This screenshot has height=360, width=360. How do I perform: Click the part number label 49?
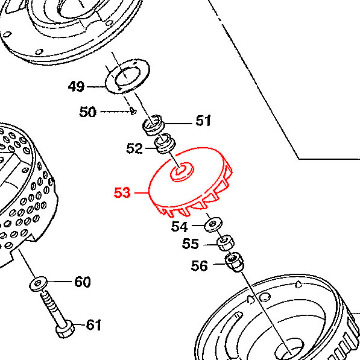click(76, 87)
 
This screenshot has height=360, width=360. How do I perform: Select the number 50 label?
click(87, 112)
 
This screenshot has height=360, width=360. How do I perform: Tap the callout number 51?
click(203, 121)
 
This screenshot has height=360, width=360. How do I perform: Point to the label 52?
click(134, 148)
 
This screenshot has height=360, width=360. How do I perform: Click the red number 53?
click(122, 192)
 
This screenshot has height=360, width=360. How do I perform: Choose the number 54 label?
click(180, 227)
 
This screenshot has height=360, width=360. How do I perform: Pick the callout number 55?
click(191, 244)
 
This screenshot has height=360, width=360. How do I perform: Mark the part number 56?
click(199, 266)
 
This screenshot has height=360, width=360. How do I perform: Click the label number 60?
click(83, 282)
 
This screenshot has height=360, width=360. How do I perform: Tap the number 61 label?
click(93, 324)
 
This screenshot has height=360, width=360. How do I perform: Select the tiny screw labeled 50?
click(133, 111)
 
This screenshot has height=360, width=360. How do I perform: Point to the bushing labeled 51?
click(153, 125)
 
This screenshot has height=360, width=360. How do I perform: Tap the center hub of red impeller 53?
click(182, 172)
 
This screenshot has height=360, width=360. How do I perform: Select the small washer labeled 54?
click(213, 224)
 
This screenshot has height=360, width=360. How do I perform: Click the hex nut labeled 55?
click(226, 243)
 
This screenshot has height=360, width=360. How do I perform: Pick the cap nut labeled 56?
click(235, 262)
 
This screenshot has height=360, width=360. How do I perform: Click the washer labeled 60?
click(39, 284)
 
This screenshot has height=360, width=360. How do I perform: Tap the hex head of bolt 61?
click(65, 330)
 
